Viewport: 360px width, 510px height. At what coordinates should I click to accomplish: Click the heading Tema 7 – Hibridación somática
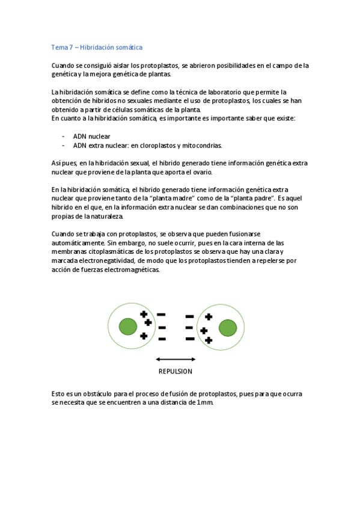point(97,47)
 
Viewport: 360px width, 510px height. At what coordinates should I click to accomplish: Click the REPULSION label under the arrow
point(175,371)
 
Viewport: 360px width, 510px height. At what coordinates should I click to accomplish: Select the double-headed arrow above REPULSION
point(175,359)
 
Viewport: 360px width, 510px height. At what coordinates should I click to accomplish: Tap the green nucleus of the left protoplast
point(127,327)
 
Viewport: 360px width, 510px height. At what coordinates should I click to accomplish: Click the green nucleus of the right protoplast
point(227,328)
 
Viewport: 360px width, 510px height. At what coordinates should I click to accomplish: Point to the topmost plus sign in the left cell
point(144,314)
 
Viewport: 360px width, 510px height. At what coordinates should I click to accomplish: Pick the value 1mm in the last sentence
point(204,402)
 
